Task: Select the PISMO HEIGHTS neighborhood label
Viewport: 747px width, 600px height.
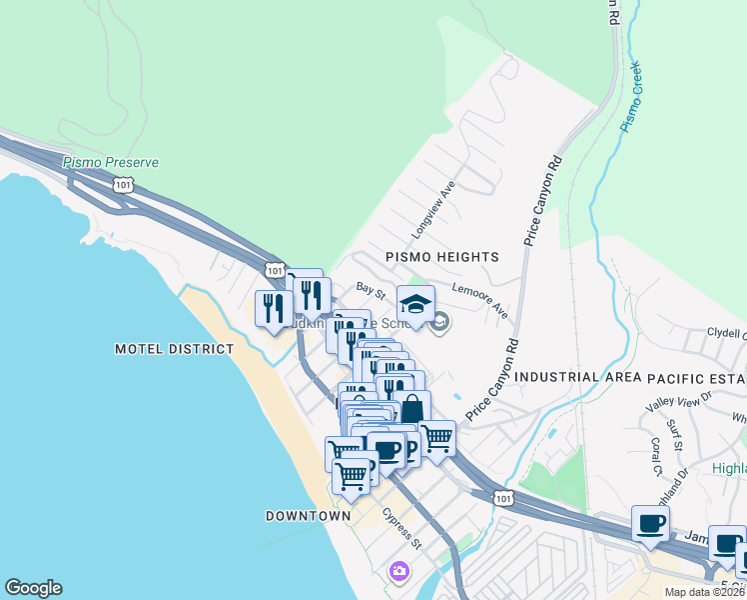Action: (x=441, y=257)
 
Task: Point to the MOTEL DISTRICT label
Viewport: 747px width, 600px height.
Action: (x=174, y=349)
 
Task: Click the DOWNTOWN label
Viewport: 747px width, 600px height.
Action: (x=308, y=516)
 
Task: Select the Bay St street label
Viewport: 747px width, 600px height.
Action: (x=371, y=288)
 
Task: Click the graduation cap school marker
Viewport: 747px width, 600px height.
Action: (x=416, y=304)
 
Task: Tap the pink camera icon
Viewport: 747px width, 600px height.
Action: (x=399, y=571)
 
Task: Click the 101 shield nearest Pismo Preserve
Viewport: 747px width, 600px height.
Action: (x=123, y=185)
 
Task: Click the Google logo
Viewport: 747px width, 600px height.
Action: (x=33, y=588)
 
